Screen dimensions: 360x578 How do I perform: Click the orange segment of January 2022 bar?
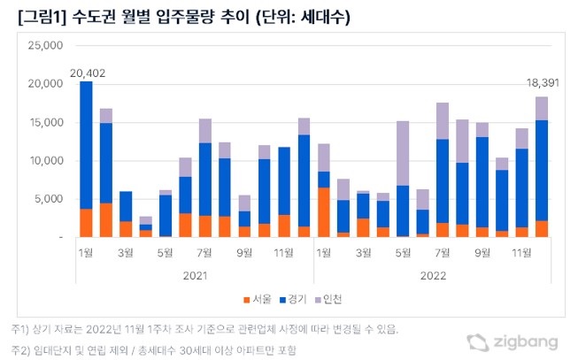(x=324, y=212)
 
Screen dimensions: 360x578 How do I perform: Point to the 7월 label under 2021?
(x=204, y=252)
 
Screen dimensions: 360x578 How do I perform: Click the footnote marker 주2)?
(x=15, y=350)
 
